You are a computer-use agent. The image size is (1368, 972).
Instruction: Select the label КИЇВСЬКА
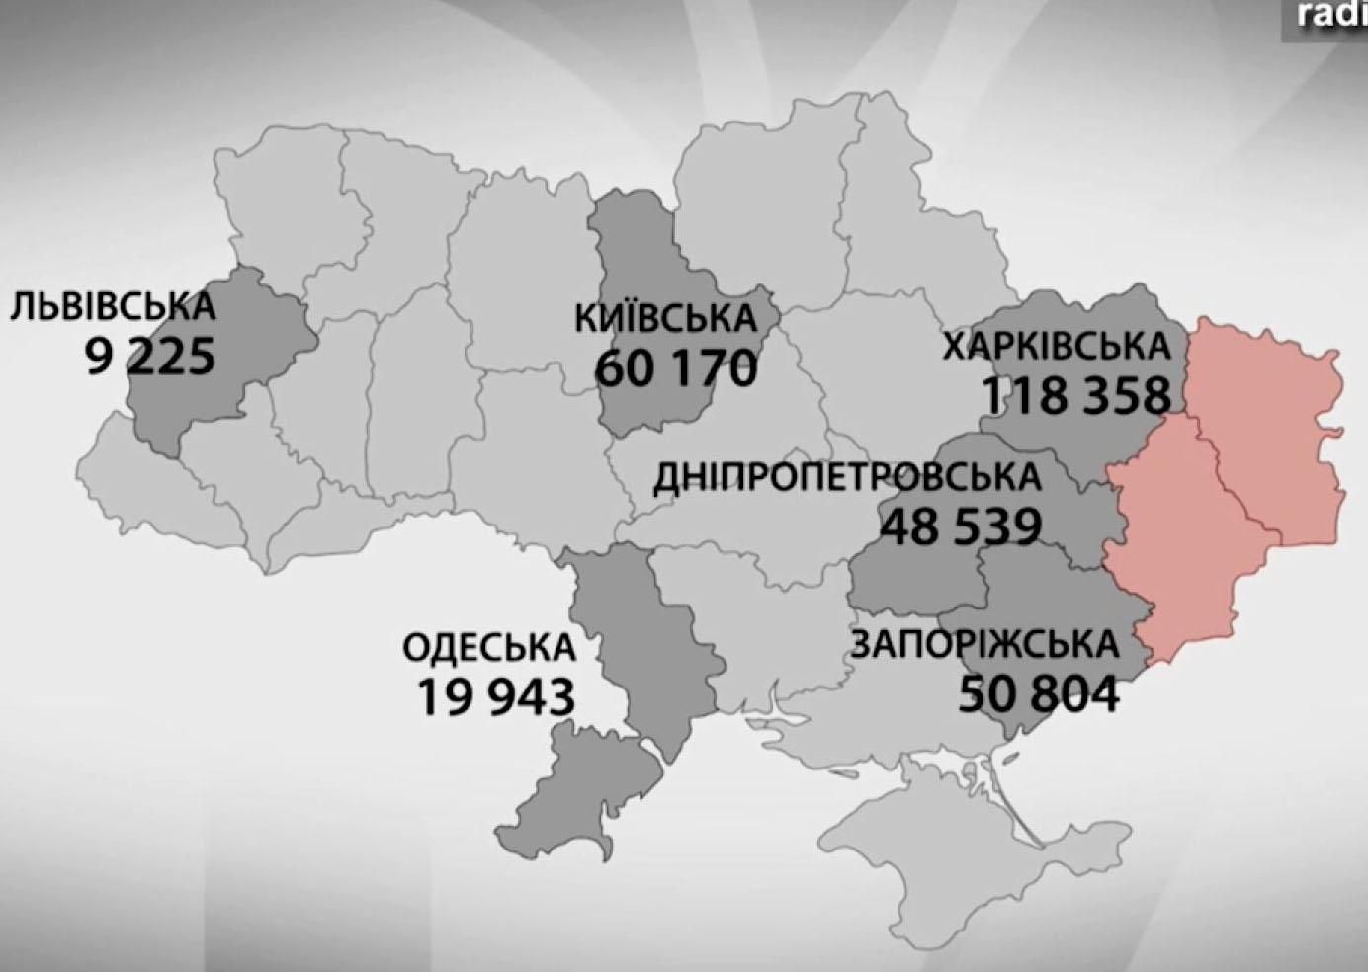tap(665, 318)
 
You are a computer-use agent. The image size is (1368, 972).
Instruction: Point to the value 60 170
tap(676, 368)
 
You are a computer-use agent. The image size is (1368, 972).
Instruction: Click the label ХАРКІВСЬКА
tap(1057, 347)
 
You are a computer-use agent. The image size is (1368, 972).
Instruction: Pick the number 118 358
tap(1076, 396)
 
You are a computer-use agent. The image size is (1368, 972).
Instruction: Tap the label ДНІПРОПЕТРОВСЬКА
tap(847, 477)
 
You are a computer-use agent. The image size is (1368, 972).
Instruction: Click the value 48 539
tap(961, 526)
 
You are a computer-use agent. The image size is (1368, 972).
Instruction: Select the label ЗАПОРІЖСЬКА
tap(984, 644)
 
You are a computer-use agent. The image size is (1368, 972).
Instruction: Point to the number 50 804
tap(1039, 693)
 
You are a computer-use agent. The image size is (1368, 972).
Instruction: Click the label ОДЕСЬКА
tap(488, 648)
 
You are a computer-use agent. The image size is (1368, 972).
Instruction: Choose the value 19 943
tap(495, 698)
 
